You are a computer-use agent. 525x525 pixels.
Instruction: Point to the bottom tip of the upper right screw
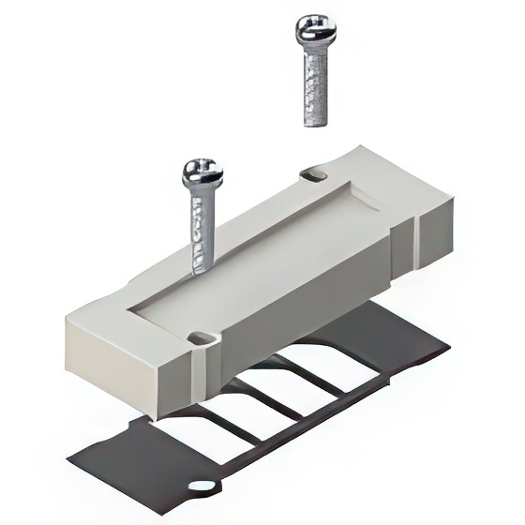point(312,123)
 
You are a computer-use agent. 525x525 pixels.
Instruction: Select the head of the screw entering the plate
point(202,173)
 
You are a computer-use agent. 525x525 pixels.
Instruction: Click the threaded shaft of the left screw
point(202,230)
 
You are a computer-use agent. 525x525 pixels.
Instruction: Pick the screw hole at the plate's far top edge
point(315,175)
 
